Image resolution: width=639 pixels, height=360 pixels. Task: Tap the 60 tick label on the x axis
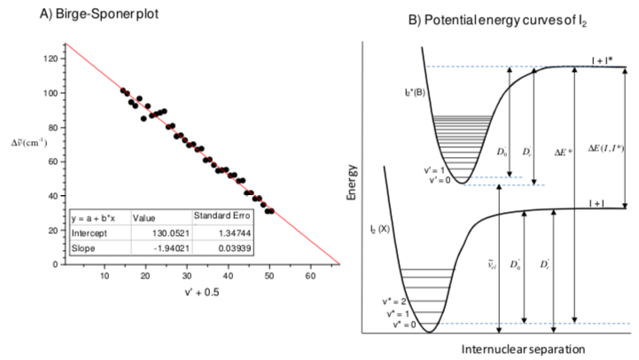click(x=310, y=276)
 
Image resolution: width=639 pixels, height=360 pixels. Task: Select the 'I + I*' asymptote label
click(x=605, y=59)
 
